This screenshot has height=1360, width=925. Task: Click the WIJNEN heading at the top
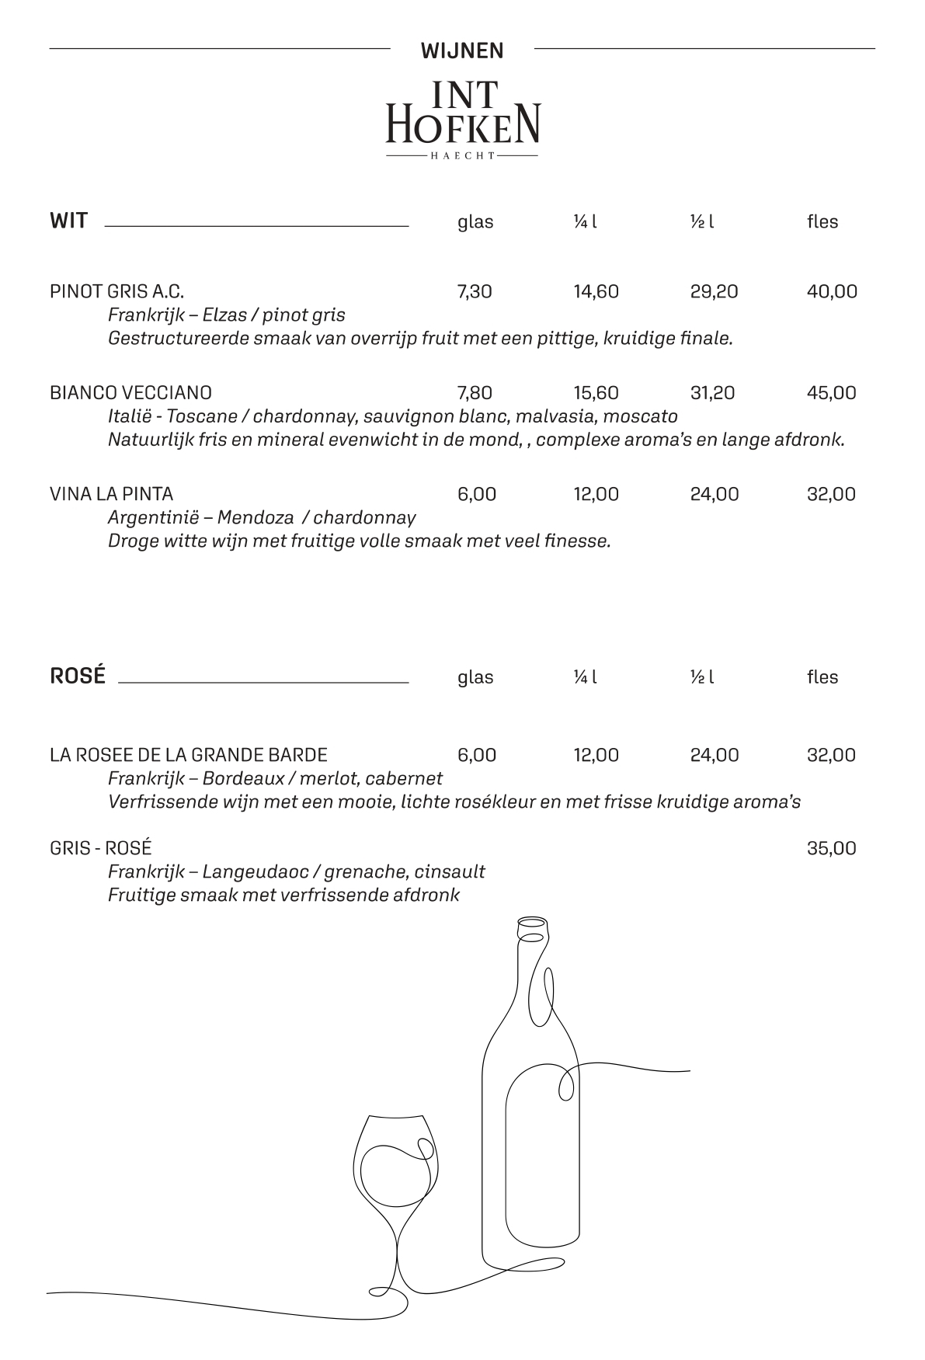coord(462,50)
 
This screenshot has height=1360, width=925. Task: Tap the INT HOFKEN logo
coord(462,115)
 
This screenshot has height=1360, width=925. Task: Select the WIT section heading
coord(68,221)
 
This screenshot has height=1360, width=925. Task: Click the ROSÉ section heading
coord(78,676)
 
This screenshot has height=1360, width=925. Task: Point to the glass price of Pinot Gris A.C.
coord(475,292)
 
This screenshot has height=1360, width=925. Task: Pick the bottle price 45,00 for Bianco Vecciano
coord(831,393)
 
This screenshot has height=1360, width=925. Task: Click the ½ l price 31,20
coord(712,393)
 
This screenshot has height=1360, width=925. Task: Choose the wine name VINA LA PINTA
coord(111,494)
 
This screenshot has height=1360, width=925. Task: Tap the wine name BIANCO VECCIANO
coord(130,393)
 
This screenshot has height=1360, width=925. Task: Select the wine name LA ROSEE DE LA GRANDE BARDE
coord(189,755)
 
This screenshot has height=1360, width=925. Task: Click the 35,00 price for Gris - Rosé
coord(831,848)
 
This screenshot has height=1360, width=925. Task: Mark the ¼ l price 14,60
coord(596,292)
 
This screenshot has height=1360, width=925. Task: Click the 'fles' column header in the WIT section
coord(822,222)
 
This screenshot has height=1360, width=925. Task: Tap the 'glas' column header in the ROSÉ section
coord(475,677)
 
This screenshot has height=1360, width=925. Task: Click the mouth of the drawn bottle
coord(532,923)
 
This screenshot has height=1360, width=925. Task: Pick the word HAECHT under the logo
coord(462,156)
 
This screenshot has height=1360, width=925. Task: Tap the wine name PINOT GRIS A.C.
coord(116,292)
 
